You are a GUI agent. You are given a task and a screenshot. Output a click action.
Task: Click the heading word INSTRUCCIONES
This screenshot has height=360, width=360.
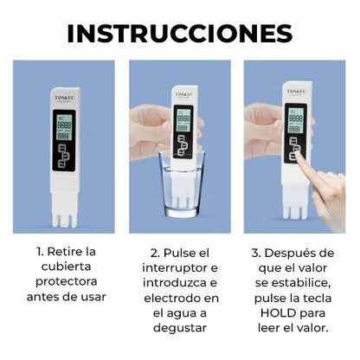(x=180, y=33)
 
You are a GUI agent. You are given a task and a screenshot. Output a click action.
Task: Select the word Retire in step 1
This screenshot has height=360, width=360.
(x=78, y=252)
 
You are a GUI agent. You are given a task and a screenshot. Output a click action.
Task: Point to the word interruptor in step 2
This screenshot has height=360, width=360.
(x=180, y=267)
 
